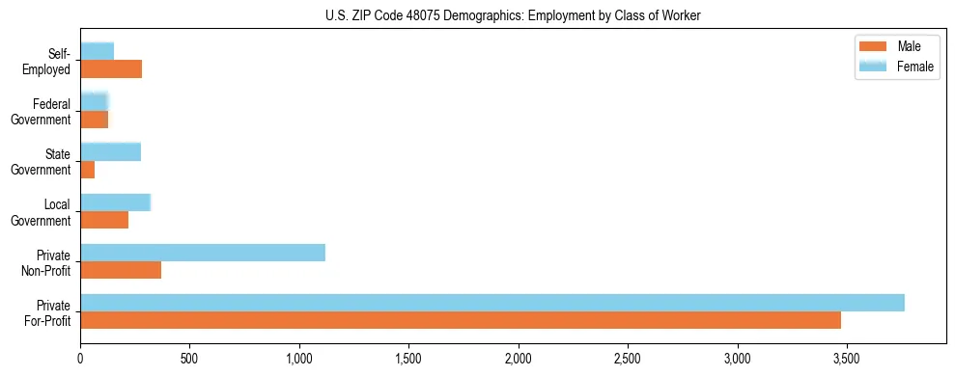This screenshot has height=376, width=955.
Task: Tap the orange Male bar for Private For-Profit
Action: (460, 320)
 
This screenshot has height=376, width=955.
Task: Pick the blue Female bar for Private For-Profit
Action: (492, 303)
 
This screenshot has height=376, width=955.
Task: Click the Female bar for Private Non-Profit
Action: (202, 253)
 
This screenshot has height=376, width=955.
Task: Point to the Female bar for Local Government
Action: (115, 202)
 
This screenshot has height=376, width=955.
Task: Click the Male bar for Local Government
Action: (103, 220)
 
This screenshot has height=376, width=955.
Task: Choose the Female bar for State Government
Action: (110, 151)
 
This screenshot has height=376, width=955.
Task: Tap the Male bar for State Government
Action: (87, 170)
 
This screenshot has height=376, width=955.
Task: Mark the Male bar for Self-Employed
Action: (110, 69)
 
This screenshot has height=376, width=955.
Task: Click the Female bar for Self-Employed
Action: (97, 51)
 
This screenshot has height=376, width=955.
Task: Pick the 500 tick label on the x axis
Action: (189, 359)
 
